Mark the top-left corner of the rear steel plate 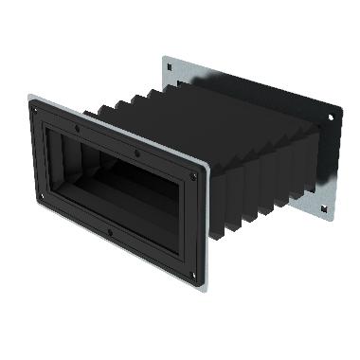click(x=163, y=56)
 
